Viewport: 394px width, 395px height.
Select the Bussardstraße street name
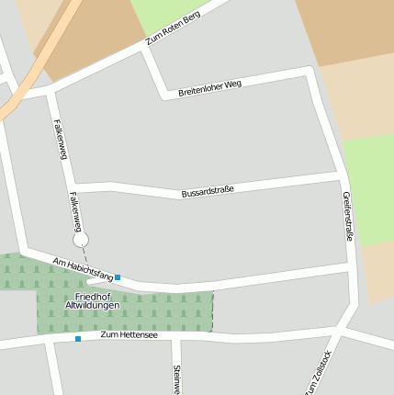pos(208,191)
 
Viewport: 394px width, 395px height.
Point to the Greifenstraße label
pos(347,217)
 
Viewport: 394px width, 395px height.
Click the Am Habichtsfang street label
pos(83,268)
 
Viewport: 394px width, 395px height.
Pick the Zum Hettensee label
pos(129,335)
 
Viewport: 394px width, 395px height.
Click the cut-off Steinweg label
pos(175,379)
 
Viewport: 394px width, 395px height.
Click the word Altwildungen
pos(92,305)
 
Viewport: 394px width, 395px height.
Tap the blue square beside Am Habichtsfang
pos(118,276)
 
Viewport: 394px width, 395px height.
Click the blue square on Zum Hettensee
pos(78,339)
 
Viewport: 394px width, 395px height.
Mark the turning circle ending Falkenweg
pos(80,240)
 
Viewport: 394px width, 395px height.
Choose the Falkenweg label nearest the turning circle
pos(76,210)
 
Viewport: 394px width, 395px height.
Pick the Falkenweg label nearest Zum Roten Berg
pos(61,139)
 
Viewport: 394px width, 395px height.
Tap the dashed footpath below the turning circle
pos(84,254)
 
